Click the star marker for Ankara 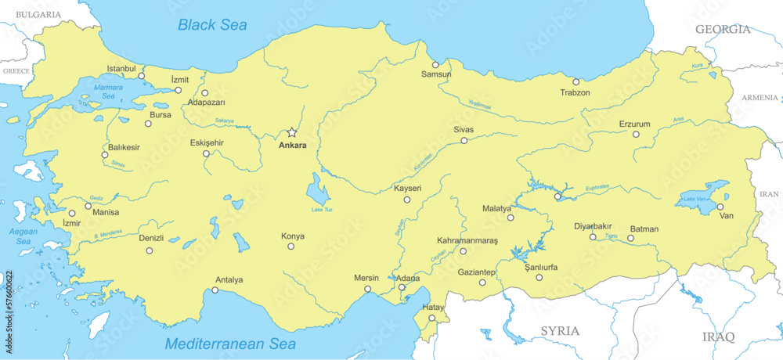coord(292,132)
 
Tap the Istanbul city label coord(121,69)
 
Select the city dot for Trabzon coord(576,81)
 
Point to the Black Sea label coord(212,25)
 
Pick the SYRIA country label coord(560,331)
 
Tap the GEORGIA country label coord(723,30)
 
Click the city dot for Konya coord(290,247)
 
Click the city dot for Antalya coord(215,290)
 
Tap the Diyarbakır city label coord(593,226)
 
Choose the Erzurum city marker coord(636,135)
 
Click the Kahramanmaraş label coord(467,240)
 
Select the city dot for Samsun coord(435,64)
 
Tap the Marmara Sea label coord(109,91)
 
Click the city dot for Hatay coord(431,318)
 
